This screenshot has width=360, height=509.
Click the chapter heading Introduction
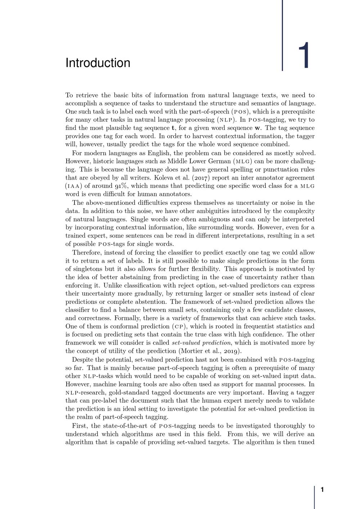click(x=98, y=63)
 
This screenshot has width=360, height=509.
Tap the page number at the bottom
click(x=322, y=490)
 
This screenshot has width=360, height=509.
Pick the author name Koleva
click(x=164, y=178)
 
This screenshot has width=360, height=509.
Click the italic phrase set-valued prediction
click(x=201, y=343)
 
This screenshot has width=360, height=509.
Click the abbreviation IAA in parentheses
click(x=73, y=186)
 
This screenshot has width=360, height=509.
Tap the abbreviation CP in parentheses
click(x=179, y=327)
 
